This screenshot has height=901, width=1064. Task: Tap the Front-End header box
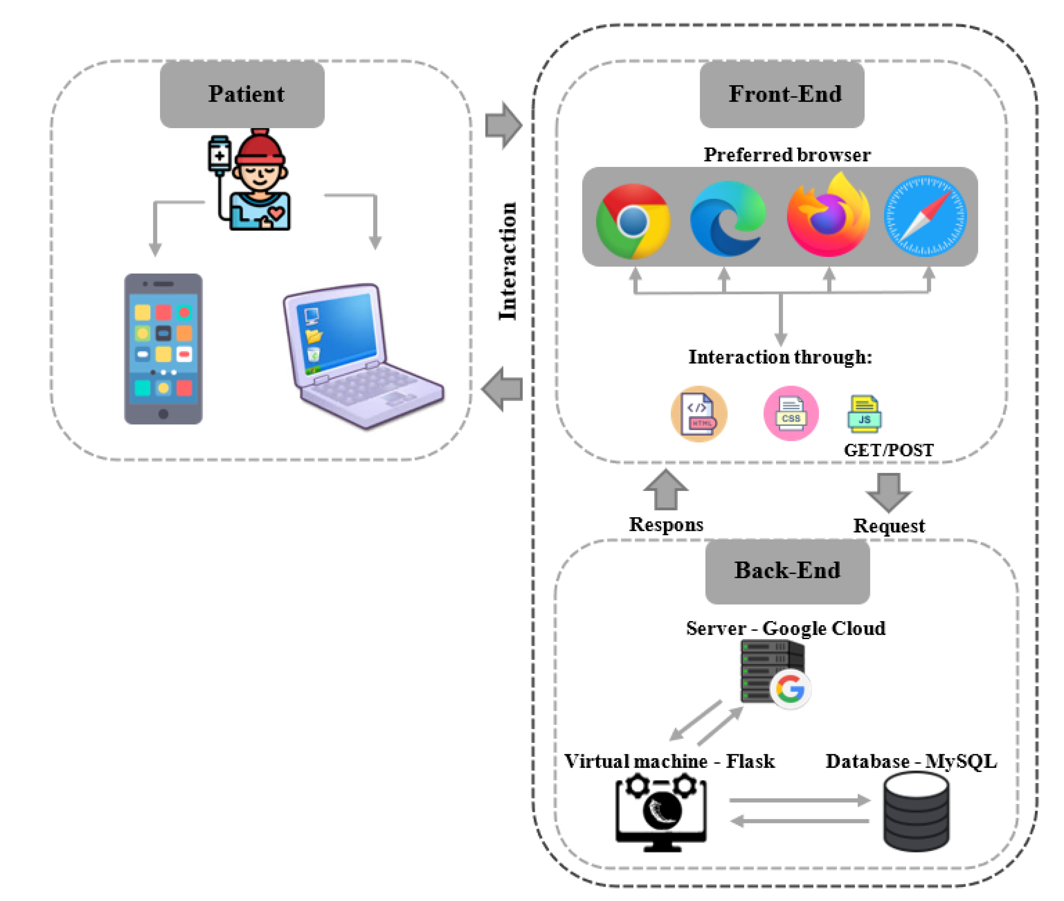[782, 94]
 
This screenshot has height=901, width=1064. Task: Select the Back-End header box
[787, 571]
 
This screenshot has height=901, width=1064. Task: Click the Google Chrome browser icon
[633, 221]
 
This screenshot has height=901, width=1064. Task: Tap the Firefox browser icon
[827, 217]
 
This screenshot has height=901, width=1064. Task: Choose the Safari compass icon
[925, 216]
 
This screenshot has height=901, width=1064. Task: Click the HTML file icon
[699, 414]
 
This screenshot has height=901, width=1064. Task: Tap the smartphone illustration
[163, 349]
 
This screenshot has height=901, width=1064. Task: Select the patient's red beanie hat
[259, 148]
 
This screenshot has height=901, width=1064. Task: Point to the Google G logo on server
[790, 689]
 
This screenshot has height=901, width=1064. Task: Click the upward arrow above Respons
[665, 490]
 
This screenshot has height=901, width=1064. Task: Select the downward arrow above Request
[888, 492]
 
